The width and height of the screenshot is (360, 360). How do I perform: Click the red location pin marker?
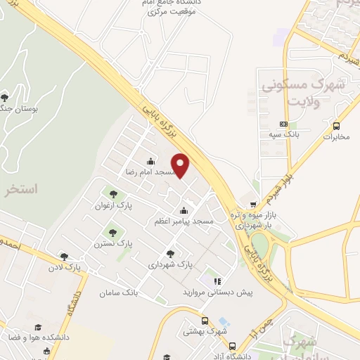[x=181, y=165]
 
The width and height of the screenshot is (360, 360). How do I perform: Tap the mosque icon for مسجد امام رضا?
[x=150, y=161]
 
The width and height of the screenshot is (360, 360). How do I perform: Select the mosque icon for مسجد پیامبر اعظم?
[x=184, y=210]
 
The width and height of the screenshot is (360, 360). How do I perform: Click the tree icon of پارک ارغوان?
[x=112, y=193]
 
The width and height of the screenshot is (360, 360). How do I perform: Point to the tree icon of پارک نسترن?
[x=112, y=231]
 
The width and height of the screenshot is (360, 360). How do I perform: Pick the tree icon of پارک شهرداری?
[x=170, y=253]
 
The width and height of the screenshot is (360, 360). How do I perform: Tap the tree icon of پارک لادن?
[x=64, y=257]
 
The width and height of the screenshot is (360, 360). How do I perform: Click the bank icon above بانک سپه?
[x=283, y=122]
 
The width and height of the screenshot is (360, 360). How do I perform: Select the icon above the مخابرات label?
[x=336, y=126]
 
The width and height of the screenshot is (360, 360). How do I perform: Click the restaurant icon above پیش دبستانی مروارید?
[x=217, y=281]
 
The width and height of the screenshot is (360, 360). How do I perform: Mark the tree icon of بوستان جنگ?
[x=5, y=96]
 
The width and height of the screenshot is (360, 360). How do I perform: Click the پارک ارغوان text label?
[x=112, y=206]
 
